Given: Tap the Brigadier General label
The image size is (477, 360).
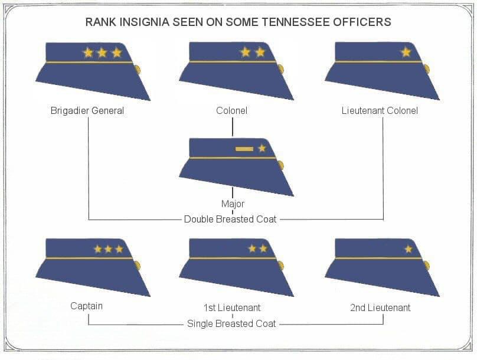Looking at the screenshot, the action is [87, 110].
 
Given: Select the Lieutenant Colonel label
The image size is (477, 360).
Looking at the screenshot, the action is [380, 110].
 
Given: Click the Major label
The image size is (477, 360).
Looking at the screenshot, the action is [233, 204].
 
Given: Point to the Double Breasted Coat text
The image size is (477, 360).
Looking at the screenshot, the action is [230, 219].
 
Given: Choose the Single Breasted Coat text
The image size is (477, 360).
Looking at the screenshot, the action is [231, 323].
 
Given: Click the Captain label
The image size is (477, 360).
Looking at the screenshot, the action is [86, 306].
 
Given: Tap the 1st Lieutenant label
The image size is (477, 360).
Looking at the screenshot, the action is [232, 307].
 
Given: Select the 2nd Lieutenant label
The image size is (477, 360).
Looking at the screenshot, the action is [380, 307].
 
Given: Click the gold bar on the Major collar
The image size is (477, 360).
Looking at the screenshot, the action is [244, 149].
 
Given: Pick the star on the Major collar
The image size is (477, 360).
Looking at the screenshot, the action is [262, 148].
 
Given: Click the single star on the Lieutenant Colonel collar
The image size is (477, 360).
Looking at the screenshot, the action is [406, 53].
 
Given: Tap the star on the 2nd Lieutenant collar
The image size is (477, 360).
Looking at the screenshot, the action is [409, 249].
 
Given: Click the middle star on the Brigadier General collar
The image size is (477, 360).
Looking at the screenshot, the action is [102, 53].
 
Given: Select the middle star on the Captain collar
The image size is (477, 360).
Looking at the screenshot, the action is [108, 249].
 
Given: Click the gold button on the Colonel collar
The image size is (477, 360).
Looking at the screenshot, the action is [281, 69].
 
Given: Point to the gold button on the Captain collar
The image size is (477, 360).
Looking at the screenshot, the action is [137, 266].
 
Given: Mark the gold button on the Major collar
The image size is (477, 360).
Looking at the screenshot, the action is [281, 165].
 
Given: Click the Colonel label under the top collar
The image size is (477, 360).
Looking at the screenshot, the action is [231, 110].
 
